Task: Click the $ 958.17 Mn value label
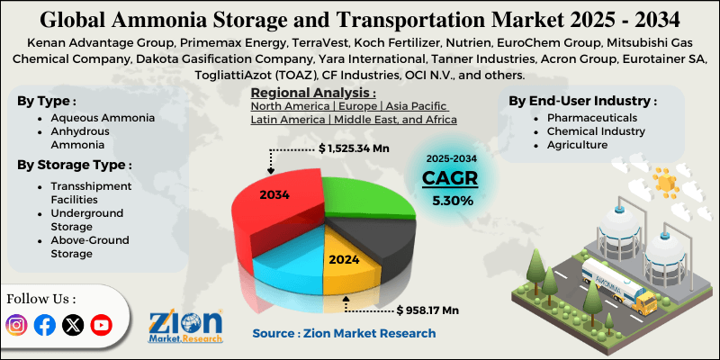pyautogui.click(x=427, y=310)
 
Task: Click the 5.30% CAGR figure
pyautogui.click(x=452, y=200)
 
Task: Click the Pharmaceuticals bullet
pyautogui.click(x=585, y=118)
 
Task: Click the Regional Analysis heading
pyautogui.click(x=312, y=93)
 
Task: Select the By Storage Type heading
pyautogui.click(x=75, y=165)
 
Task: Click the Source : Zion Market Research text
pyautogui.click(x=344, y=333)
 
